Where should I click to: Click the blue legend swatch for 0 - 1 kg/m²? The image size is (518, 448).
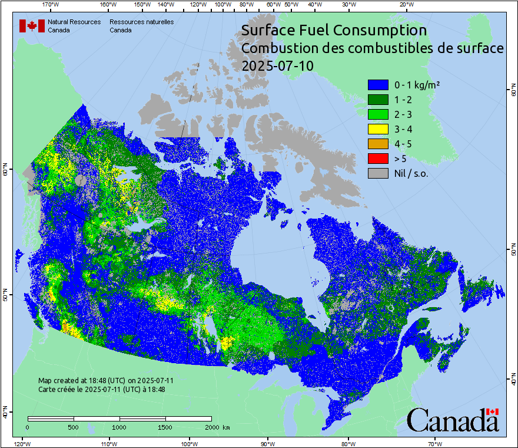[x=378, y=85]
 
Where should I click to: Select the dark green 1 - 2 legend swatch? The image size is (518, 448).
[x=378, y=100]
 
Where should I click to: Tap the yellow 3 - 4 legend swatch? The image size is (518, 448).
[x=378, y=129]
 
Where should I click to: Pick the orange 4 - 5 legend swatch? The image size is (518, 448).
[x=378, y=144]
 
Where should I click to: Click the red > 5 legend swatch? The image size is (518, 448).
[x=378, y=159]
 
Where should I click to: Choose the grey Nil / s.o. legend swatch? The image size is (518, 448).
[x=378, y=173]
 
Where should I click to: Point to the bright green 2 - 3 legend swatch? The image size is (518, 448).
[x=378, y=114]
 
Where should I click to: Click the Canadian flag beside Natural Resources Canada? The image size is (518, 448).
[x=32, y=26]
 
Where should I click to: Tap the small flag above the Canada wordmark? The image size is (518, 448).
[x=493, y=411]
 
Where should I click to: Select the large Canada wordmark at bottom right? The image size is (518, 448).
[x=453, y=420]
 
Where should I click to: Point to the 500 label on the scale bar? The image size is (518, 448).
[x=73, y=427]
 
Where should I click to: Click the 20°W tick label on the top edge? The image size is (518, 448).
[x=406, y=5]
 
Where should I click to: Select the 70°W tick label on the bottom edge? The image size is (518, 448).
[x=435, y=443]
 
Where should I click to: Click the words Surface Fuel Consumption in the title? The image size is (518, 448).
[x=334, y=30]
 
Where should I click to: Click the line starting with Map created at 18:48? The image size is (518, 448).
[x=106, y=381]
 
